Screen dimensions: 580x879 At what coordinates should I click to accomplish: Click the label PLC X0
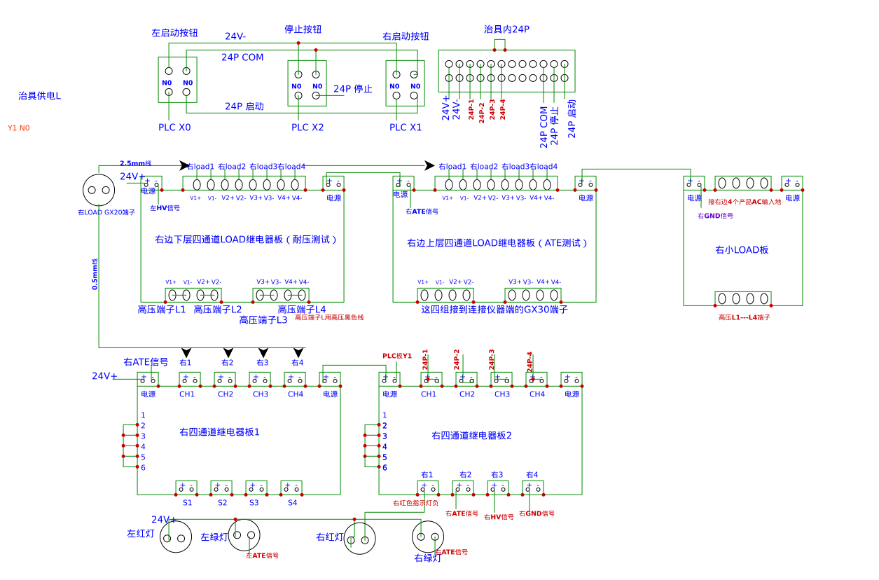pyautogui.click(x=174, y=127)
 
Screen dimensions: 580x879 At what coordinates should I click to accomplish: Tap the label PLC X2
pyautogui.click(x=307, y=127)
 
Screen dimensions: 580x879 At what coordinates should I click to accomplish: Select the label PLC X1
pyautogui.click(x=406, y=127)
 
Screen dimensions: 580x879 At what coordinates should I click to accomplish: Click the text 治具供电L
pyautogui.click(x=39, y=96)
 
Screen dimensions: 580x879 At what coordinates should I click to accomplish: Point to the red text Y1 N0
pyautogui.click(x=19, y=128)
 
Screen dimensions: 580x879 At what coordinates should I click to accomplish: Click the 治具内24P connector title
pyautogui.click(x=506, y=29)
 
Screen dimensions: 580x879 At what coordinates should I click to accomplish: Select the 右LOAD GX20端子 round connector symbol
pyautogui.click(x=99, y=189)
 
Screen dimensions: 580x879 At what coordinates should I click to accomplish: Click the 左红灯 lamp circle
pyautogui.click(x=176, y=538)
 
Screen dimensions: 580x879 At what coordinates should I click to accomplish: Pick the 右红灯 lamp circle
pyautogui.click(x=360, y=539)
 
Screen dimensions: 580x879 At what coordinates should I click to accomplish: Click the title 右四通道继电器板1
pyautogui.click(x=219, y=432)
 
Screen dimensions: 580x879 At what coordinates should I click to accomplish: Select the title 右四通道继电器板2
pyautogui.click(x=471, y=436)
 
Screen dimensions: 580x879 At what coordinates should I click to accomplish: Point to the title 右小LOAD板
pyautogui.click(x=742, y=250)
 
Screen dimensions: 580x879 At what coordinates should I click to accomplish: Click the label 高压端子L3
pyautogui.click(x=263, y=320)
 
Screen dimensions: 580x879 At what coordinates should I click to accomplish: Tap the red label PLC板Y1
pyautogui.click(x=396, y=356)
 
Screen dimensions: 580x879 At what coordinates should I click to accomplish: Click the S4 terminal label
pyautogui.click(x=292, y=503)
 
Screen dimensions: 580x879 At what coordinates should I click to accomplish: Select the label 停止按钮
pyautogui.click(x=303, y=29)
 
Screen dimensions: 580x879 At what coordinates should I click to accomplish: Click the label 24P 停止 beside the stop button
pyautogui.click(x=352, y=89)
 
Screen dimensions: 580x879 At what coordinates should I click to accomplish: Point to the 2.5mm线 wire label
pyautogui.click(x=135, y=163)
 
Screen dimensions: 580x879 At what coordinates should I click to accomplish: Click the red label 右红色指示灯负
pyautogui.click(x=415, y=503)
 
